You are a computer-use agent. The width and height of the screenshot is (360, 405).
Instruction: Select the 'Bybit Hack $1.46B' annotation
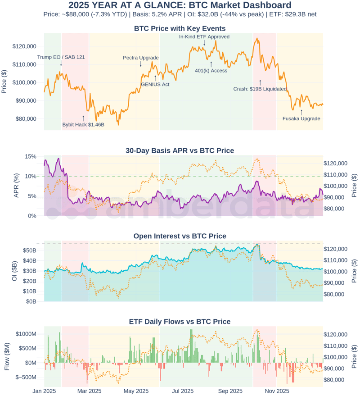(83, 124)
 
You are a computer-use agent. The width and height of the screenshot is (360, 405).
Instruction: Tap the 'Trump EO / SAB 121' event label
(61, 57)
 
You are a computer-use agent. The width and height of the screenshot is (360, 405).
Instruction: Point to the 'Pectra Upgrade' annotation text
(141, 58)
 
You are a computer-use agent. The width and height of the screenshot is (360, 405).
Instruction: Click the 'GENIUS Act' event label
(155, 84)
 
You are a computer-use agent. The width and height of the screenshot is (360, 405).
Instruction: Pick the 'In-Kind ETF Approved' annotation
(204, 37)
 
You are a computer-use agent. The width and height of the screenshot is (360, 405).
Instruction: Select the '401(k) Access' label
(211, 70)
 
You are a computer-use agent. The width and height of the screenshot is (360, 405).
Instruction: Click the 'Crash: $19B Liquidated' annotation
(260, 89)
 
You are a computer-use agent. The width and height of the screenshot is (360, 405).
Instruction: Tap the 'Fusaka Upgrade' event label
(301, 118)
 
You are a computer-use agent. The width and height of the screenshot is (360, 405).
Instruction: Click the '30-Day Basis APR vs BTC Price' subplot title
(180, 150)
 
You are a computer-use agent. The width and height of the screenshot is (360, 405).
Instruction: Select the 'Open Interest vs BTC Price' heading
(180, 236)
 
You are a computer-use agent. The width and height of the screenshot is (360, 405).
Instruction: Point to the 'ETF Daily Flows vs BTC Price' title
(180, 321)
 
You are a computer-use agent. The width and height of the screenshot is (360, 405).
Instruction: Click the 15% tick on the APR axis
(31, 156)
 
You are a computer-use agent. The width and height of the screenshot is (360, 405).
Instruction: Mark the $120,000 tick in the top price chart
(24, 46)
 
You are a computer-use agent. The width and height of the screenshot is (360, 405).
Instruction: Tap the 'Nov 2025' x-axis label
(276, 391)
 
